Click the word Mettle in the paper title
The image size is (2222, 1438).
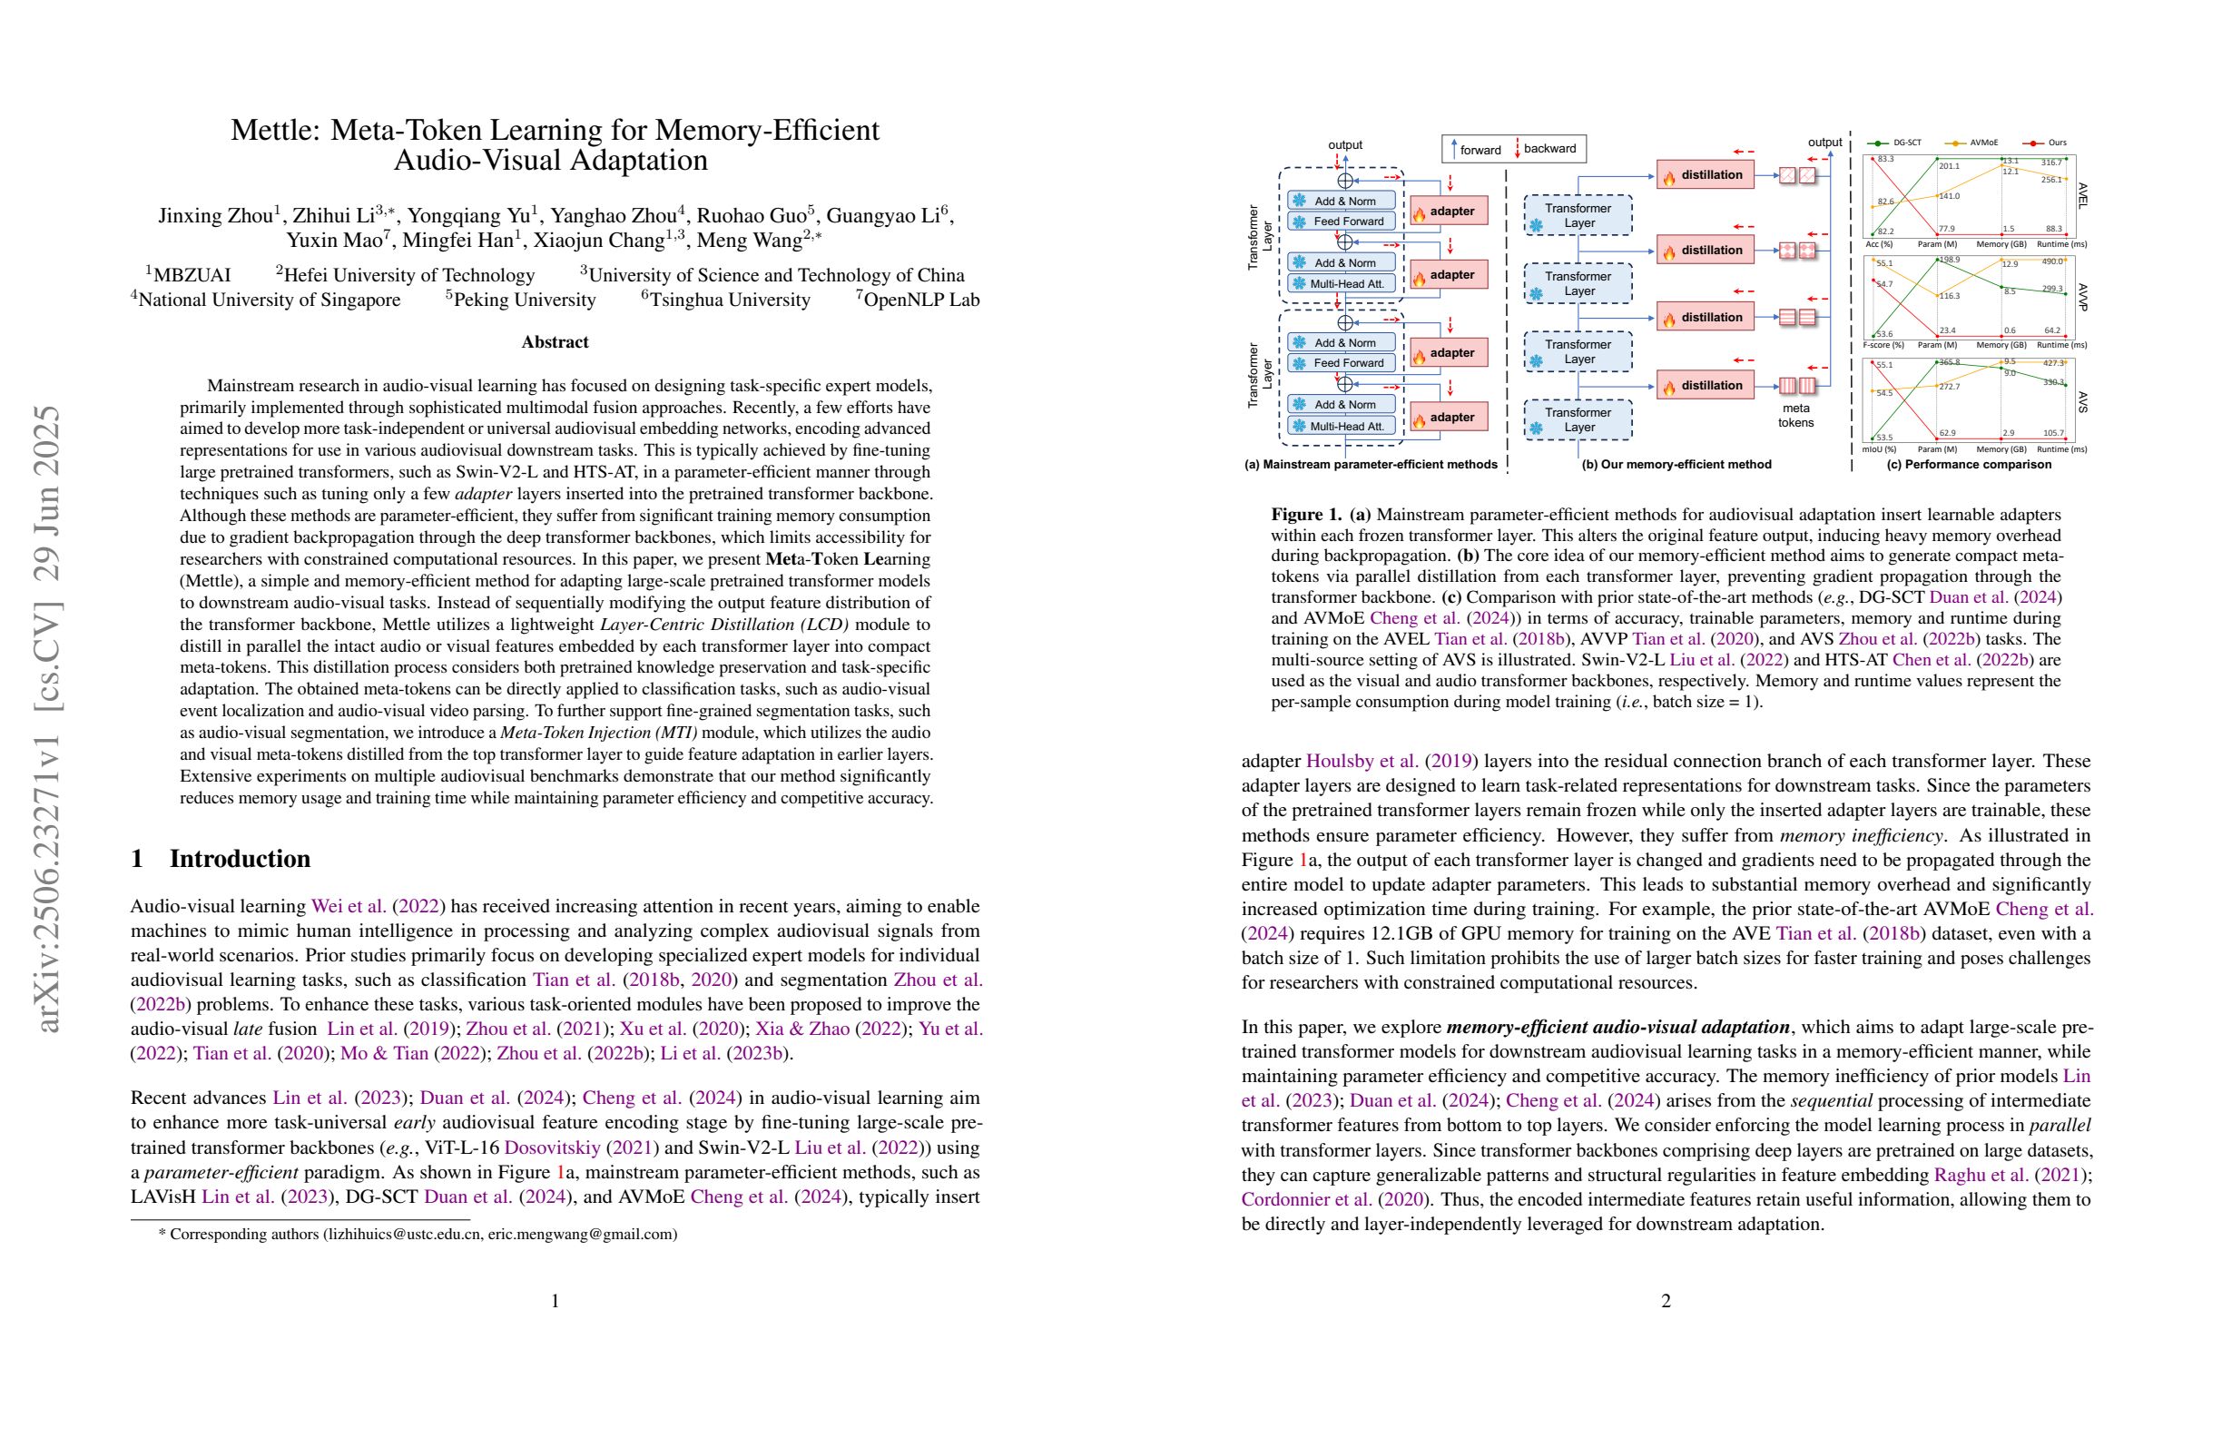click(x=271, y=130)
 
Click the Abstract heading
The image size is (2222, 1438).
click(x=555, y=341)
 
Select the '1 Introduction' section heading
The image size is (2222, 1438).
click(x=221, y=858)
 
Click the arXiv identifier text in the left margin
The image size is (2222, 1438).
click(x=47, y=719)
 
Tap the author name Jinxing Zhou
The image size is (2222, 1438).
click(x=215, y=216)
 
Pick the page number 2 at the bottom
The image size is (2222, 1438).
click(x=1666, y=1300)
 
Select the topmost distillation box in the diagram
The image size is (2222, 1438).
click(x=1705, y=174)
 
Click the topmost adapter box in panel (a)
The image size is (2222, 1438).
click(x=1448, y=212)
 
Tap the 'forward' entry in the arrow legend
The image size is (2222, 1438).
click(x=1480, y=150)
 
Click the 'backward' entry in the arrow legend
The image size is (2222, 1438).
click(x=1549, y=149)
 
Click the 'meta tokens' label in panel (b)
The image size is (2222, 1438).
click(x=1795, y=415)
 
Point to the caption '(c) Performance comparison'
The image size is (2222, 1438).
click(x=1968, y=464)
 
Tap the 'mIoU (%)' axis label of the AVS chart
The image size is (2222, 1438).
click(x=1878, y=449)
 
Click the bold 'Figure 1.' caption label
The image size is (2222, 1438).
click(x=1306, y=515)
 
